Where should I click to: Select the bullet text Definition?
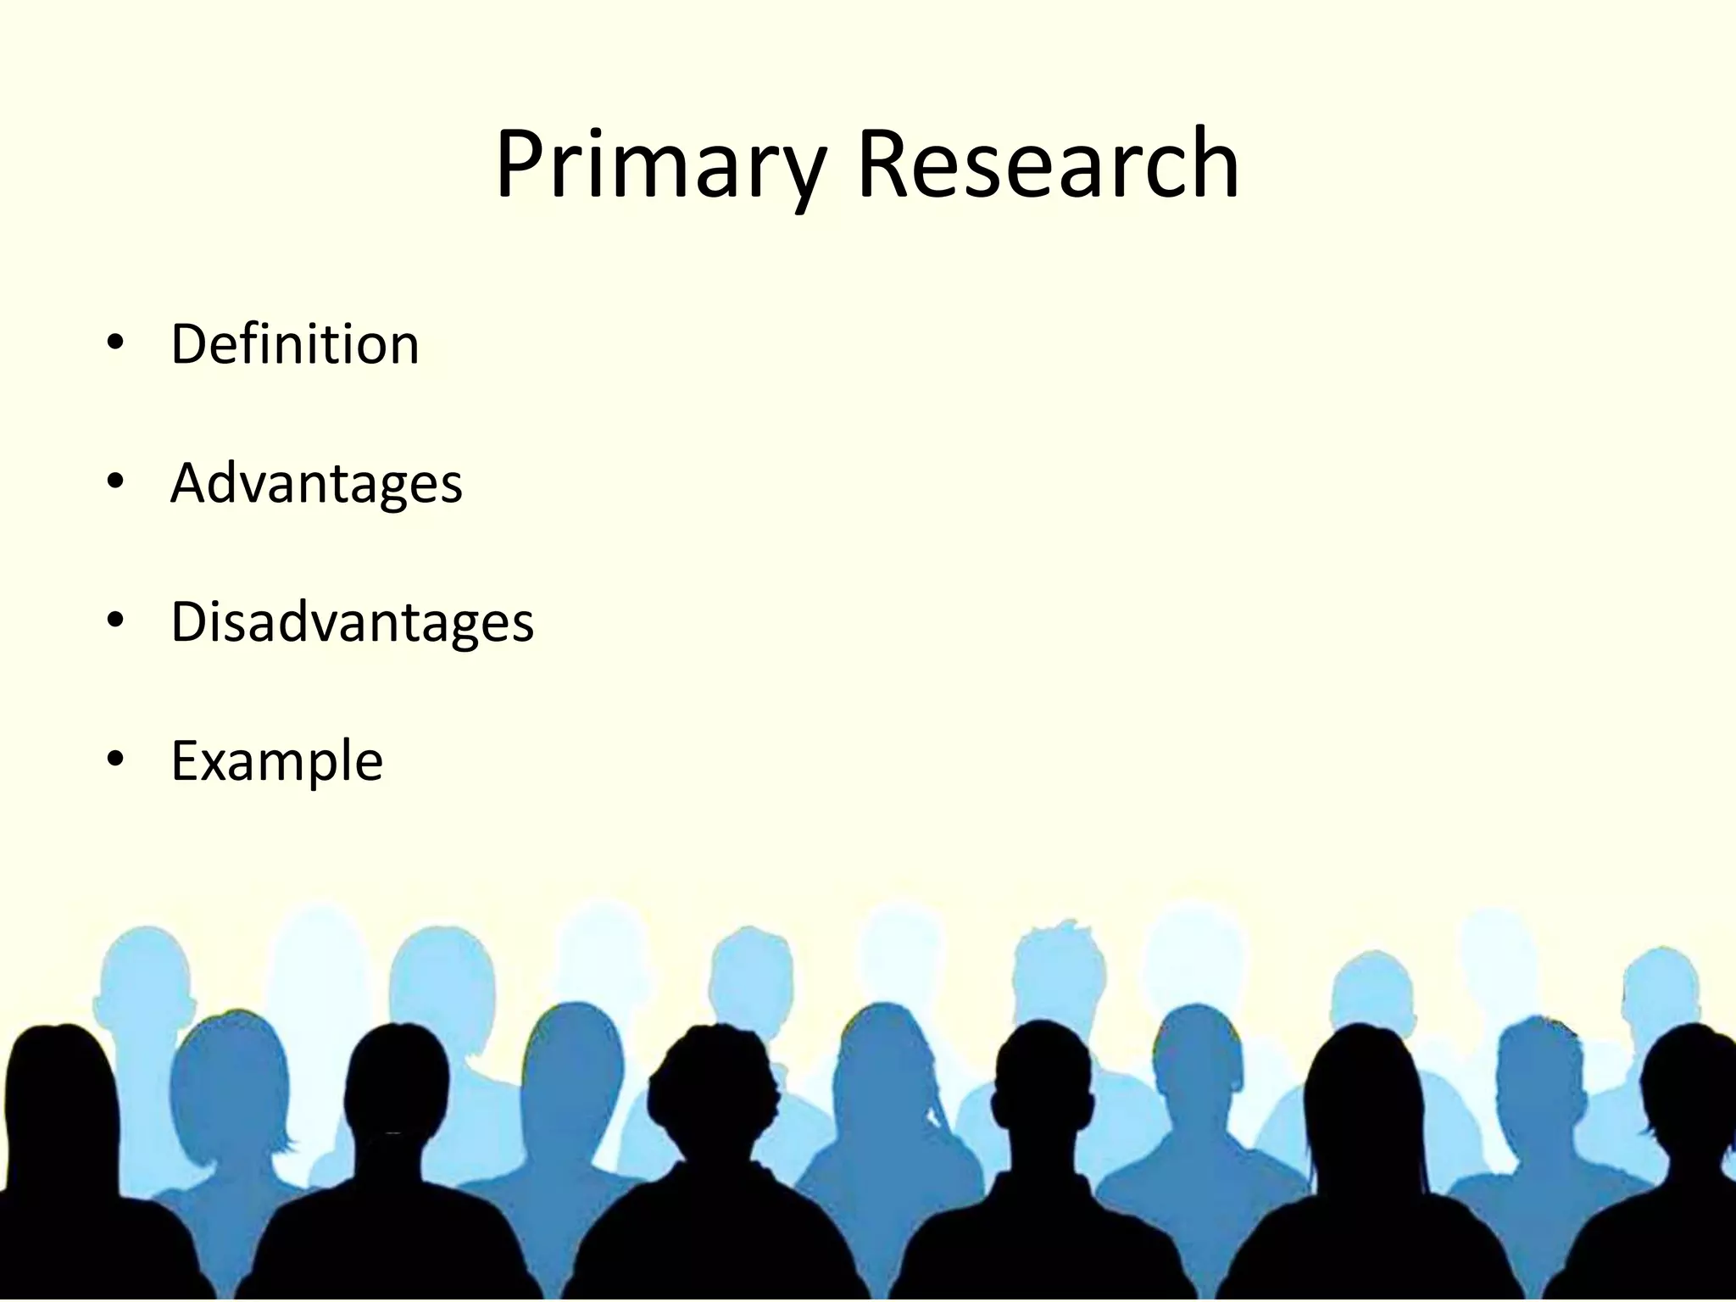point(295,344)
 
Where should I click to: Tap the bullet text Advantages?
point(316,483)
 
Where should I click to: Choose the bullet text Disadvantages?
point(352,622)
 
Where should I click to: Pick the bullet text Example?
point(276,761)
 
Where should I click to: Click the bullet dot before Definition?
point(116,343)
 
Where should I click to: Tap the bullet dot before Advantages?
point(116,482)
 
